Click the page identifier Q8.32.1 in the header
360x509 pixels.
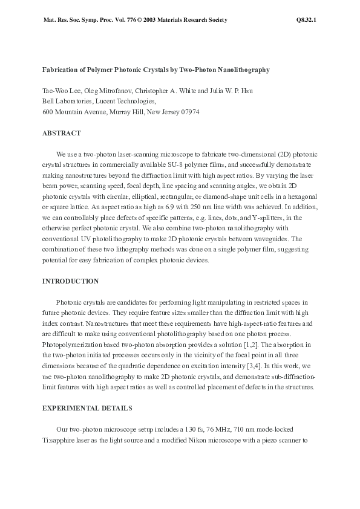(x=307, y=20)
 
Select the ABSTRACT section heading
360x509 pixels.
(x=62, y=133)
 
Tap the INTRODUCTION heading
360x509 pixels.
(x=70, y=281)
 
